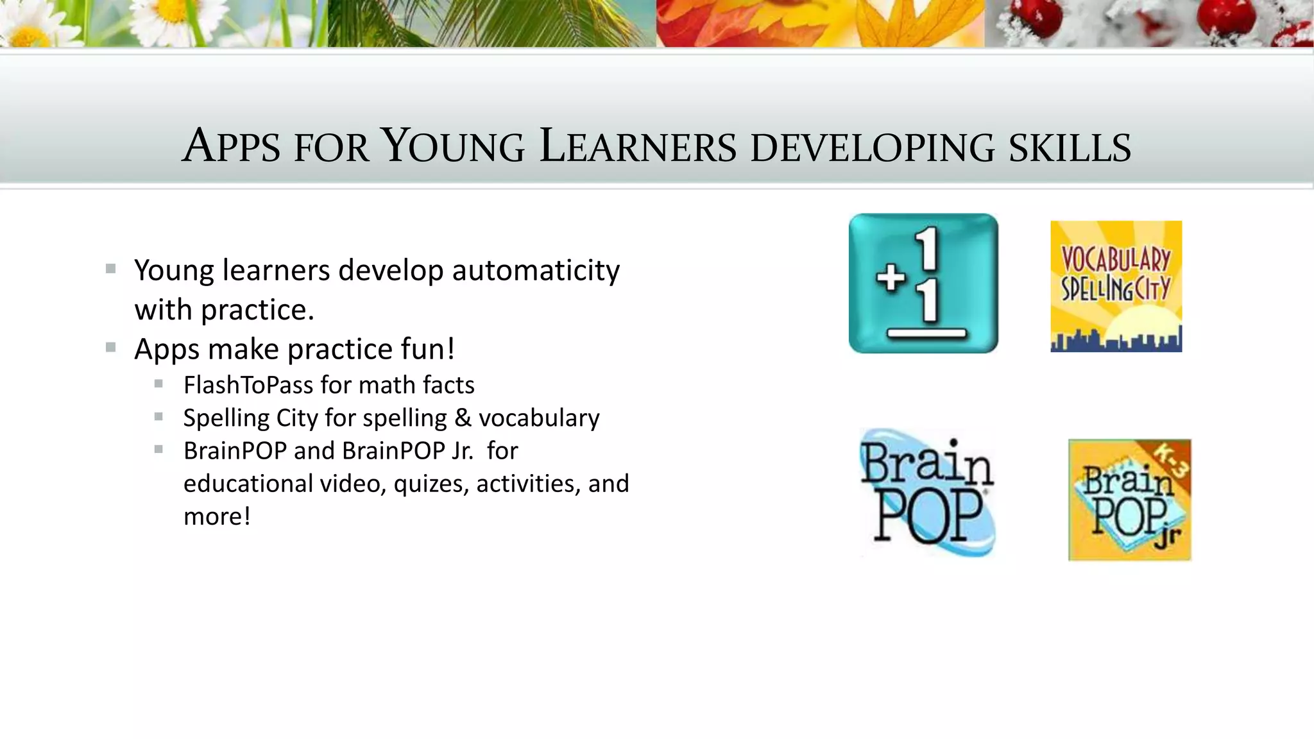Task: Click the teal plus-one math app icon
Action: pyautogui.click(x=923, y=283)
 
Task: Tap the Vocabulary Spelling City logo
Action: pyautogui.click(x=1116, y=285)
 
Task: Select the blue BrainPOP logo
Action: pyautogui.click(x=927, y=492)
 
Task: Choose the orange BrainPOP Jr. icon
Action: pyautogui.click(x=1129, y=500)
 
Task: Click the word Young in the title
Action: pyautogui.click(x=452, y=146)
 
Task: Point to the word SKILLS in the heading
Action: pyautogui.click(x=1070, y=148)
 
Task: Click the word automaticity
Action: pyautogui.click(x=536, y=270)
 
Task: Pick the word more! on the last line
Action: pyautogui.click(x=217, y=516)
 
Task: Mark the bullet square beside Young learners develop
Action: pyautogui.click(x=111, y=269)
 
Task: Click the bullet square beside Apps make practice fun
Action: pyautogui.click(x=111, y=348)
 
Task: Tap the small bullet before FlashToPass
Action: pyautogui.click(x=158, y=384)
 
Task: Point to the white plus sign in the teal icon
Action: pyautogui.click(x=891, y=279)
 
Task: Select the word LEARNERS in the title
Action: pyautogui.click(x=638, y=146)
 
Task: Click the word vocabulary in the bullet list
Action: pyautogui.click(x=539, y=418)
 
